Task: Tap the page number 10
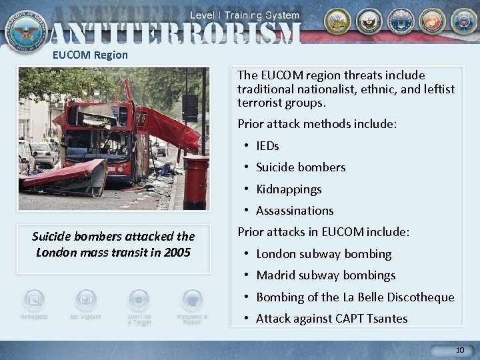point(460,350)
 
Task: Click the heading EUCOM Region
point(90,55)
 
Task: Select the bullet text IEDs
point(267,145)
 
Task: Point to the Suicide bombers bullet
point(301,167)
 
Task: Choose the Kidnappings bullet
point(289,189)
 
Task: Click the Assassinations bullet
point(295,211)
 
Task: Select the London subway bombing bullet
point(324,254)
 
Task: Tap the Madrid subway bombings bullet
point(326,275)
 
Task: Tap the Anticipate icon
point(33,301)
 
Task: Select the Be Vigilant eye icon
point(86,301)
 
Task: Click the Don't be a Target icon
point(139,301)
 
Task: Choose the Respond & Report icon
point(192,301)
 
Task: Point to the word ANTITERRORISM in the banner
point(175,32)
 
